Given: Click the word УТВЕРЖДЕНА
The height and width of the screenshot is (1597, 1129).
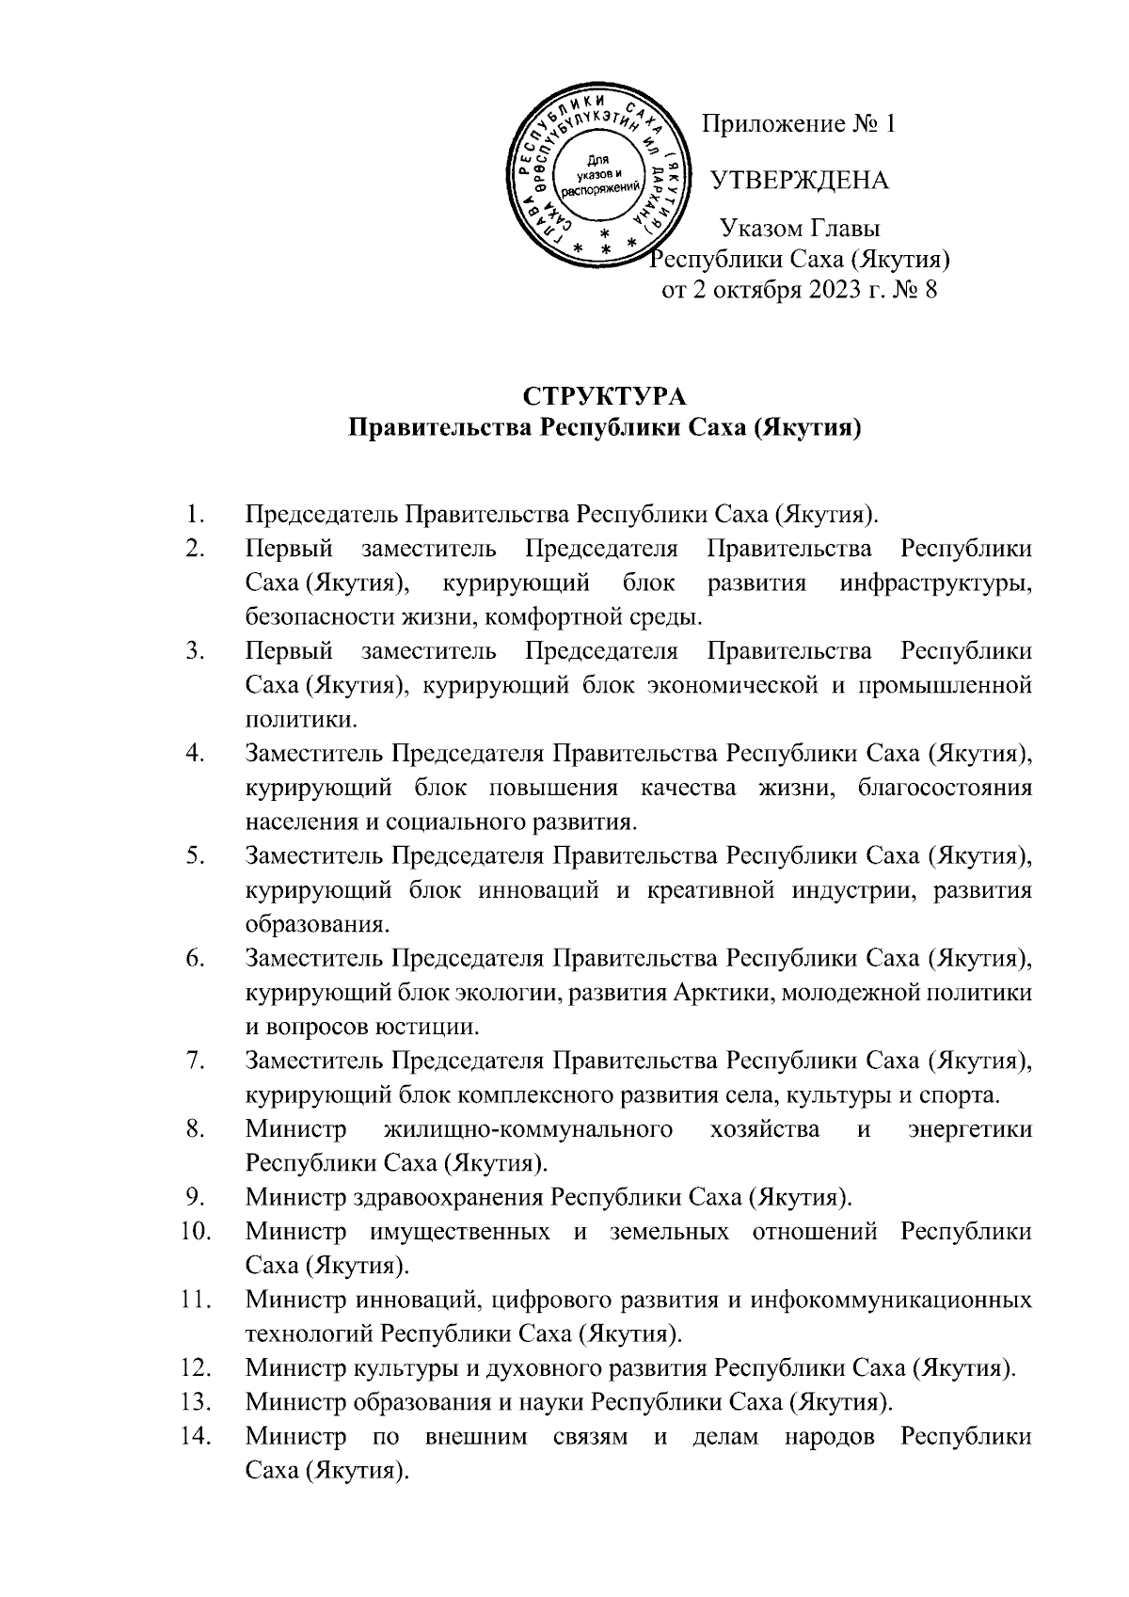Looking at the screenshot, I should (x=799, y=181).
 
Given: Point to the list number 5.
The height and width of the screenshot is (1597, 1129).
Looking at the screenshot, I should (x=196, y=856).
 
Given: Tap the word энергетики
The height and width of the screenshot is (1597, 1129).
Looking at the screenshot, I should (x=969, y=1129).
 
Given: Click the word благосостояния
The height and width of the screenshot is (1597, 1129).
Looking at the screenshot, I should (x=945, y=788).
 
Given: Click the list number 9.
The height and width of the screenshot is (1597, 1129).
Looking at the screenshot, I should (x=196, y=1197).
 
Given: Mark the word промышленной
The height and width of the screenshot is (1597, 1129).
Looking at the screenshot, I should (x=946, y=686).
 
